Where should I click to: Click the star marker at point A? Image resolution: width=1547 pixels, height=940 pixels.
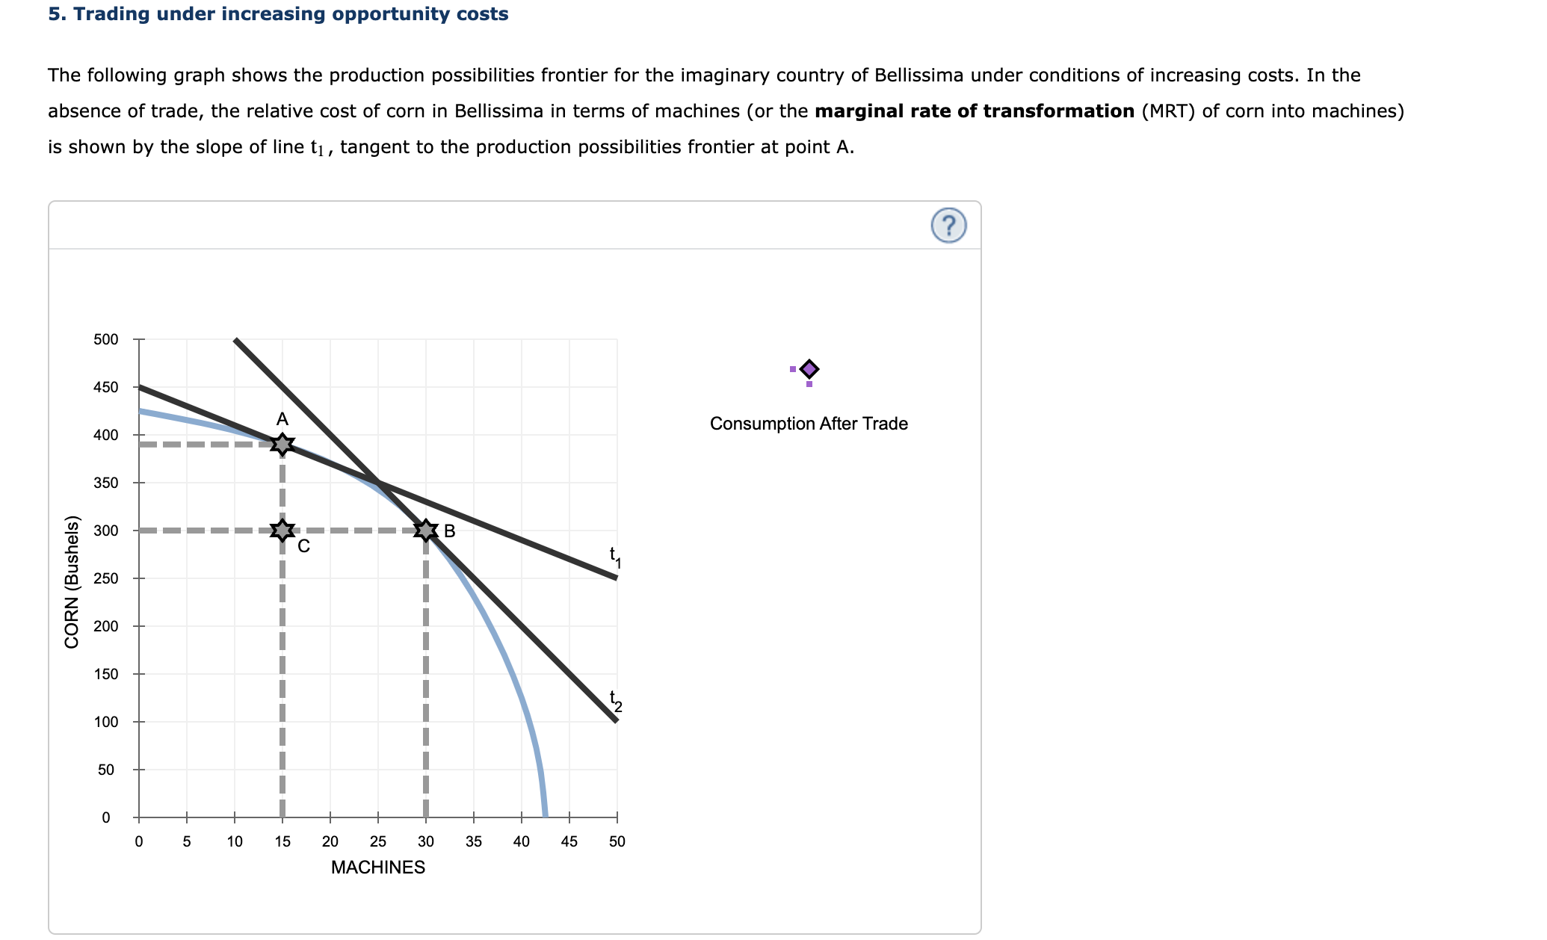(282, 445)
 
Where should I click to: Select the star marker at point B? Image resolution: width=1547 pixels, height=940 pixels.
(425, 531)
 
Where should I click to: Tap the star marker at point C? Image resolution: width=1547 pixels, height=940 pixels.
(282, 531)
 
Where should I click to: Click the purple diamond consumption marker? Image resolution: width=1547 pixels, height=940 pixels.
(809, 369)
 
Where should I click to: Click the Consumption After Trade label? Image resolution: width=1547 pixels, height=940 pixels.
(809, 424)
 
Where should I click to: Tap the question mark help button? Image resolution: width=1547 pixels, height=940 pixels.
(948, 225)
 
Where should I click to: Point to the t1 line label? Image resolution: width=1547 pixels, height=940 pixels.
(614, 557)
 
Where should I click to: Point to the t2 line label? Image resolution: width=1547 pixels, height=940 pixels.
(614, 700)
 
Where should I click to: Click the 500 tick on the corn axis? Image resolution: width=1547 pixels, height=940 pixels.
(106, 339)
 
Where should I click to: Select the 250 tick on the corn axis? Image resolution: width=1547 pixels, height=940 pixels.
(106, 578)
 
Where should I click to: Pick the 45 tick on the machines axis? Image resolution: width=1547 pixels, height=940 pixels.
(569, 841)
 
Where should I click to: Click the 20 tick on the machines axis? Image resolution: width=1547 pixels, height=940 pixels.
(330, 841)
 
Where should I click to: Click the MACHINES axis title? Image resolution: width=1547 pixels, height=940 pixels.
(377, 868)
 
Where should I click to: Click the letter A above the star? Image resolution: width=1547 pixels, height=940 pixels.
(282, 419)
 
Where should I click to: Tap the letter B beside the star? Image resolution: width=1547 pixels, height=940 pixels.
(449, 531)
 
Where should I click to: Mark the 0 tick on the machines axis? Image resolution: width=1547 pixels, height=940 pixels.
(139, 841)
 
